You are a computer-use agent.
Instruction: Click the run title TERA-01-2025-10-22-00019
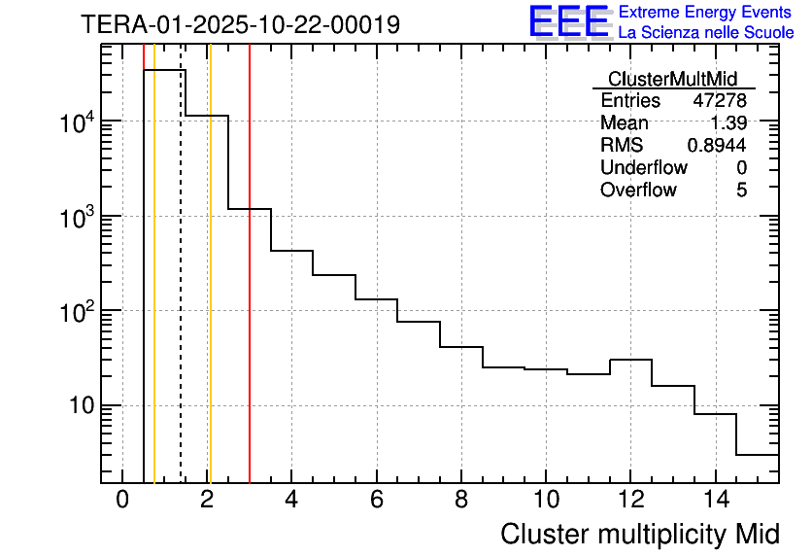tap(240, 24)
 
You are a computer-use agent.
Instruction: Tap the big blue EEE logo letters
tap(568, 21)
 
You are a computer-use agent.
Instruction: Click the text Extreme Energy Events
tap(705, 13)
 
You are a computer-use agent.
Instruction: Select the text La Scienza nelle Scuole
tap(705, 32)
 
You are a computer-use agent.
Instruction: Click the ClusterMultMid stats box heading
tap(672, 79)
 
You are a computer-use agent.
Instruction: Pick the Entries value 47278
tap(720, 101)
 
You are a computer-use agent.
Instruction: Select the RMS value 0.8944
tap(717, 146)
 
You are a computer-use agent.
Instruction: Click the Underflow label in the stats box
tap(644, 167)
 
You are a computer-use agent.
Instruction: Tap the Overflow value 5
tap(741, 190)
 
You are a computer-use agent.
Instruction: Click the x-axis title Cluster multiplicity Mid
tap(639, 534)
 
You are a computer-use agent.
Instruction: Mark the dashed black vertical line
tap(181, 292)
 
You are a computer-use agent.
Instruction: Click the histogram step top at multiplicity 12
tap(630, 360)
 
